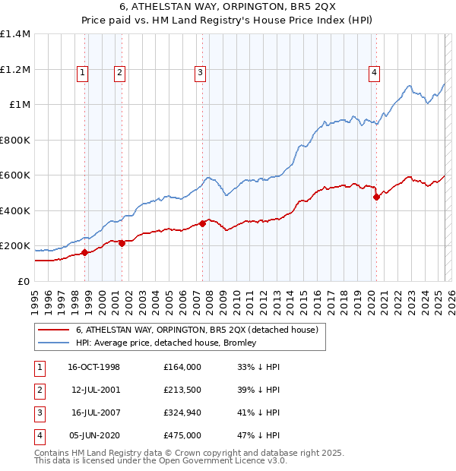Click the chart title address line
click(x=227, y=8)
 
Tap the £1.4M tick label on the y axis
click(x=15, y=34)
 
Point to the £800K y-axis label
click(x=14, y=140)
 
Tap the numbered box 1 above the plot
click(x=82, y=73)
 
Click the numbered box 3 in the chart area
click(x=200, y=73)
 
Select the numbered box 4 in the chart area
click(x=375, y=73)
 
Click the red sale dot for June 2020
click(x=376, y=198)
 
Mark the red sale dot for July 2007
click(x=202, y=223)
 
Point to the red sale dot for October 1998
click(x=85, y=252)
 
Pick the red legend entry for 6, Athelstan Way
click(x=201, y=330)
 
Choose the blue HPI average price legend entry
click(x=166, y=343)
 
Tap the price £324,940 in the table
click(x=182, y=413)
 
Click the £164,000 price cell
click(x=182, y=367)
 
